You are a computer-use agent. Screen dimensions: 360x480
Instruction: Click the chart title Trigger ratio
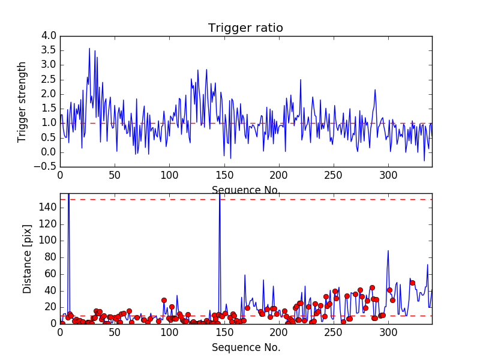[x=245, y=28]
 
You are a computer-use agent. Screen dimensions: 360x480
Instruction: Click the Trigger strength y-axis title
[x=22, y=101]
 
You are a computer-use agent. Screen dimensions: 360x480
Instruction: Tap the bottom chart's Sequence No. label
[x=246, y=347]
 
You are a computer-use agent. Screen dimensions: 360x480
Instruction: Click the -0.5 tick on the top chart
[x=47, y=167]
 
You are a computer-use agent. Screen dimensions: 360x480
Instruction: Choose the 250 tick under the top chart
[x=334, y=175]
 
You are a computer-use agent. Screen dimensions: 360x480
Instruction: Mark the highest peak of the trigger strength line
[x=89, y=49]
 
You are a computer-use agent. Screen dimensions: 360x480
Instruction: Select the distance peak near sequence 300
[x=388, y=251]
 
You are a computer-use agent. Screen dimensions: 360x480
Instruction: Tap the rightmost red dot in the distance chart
[x=412, y=283]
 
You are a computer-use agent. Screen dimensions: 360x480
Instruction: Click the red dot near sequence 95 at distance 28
[x=164, y=300]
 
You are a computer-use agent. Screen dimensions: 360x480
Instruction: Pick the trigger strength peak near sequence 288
[x=375, y=90]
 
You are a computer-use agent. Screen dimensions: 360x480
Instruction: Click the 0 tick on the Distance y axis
[x=54, y=323]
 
